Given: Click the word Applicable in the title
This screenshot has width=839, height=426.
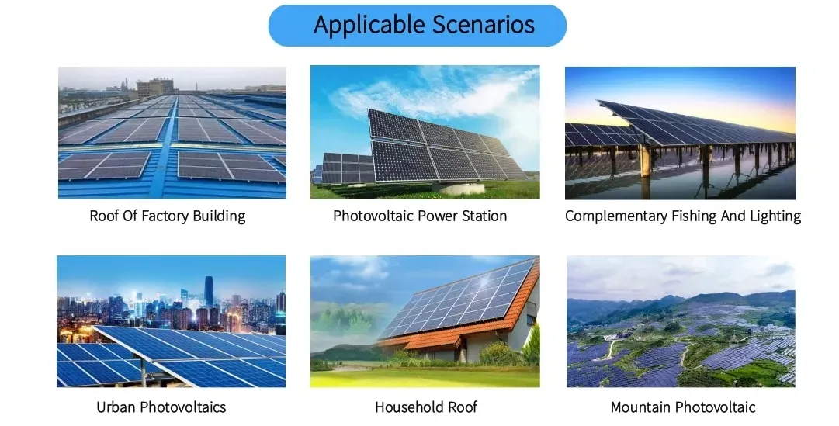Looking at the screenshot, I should click(x=362, y=25).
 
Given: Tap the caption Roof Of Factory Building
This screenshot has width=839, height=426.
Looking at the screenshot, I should click(x=167, y=216).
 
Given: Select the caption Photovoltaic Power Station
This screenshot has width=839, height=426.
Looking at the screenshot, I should click(x=420, y=216).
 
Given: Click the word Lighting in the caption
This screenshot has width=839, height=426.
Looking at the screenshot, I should click(x=775, y=216).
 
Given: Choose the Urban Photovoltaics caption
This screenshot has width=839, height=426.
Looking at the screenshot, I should click(x=161, y=407).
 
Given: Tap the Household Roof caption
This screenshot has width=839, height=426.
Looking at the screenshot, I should click(x=426, y=407).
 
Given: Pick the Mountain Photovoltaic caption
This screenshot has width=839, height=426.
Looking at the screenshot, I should click(x=682, y=407).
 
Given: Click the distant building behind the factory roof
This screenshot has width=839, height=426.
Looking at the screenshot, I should click(x=155, y=86).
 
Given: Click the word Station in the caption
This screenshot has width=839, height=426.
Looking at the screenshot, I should click(x=485, y=216).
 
